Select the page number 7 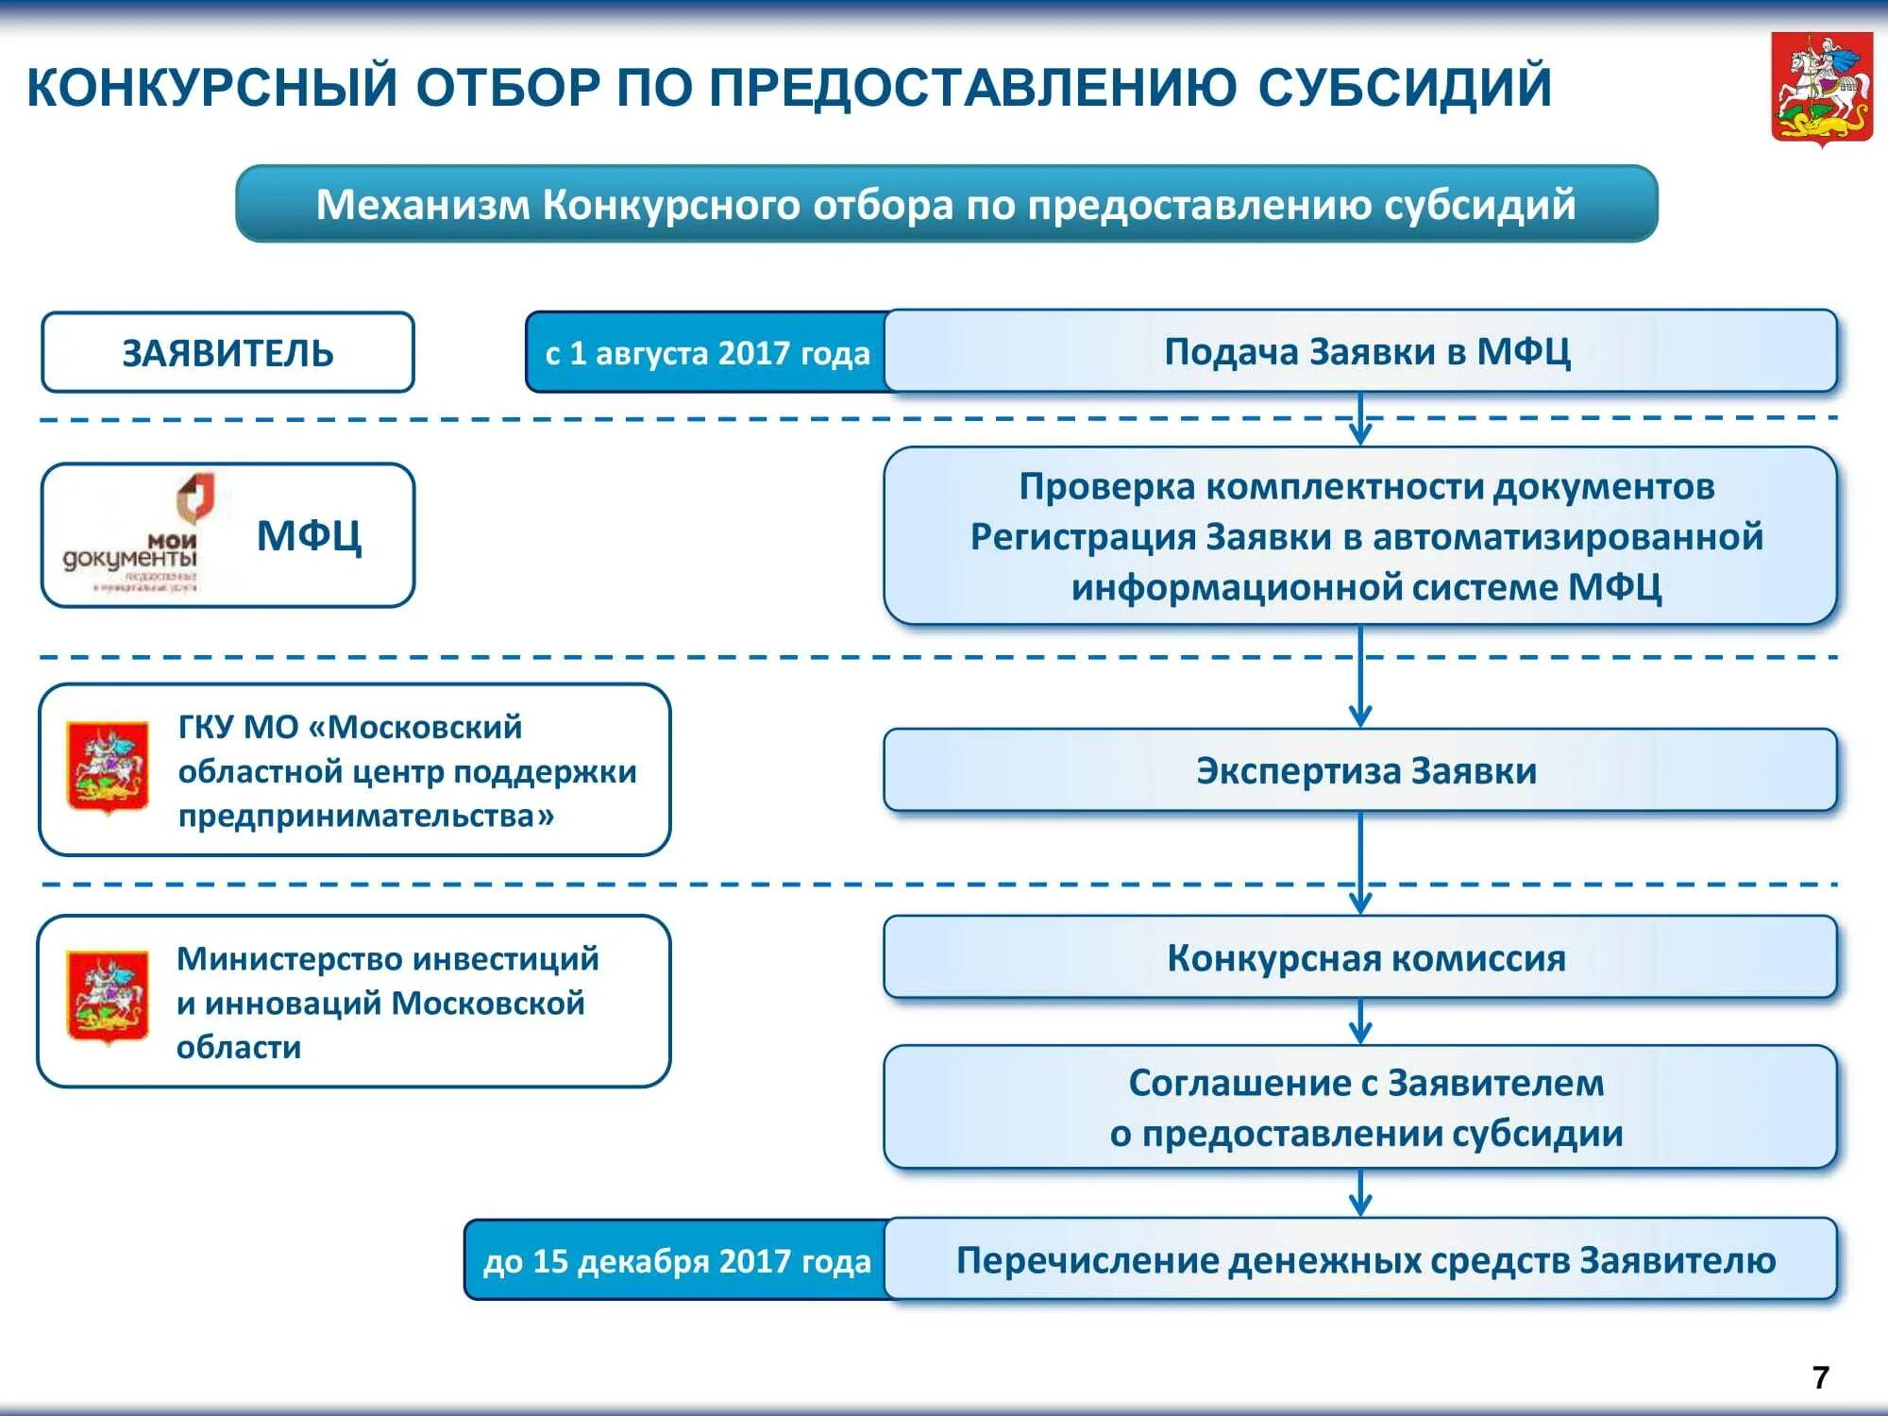tap(1821, 1377)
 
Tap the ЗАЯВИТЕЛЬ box tap(228, 352)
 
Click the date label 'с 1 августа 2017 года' tap(707, 353)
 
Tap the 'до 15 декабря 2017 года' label tap(676, 1260)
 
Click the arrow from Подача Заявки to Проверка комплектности tap(1360, 419)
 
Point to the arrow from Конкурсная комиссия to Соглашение tap(1360, 1021)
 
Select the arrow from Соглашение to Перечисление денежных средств tap(1360, 1193)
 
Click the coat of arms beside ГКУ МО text tap(108, 767)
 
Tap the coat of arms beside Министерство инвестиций tap(108, 997)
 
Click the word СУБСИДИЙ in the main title tap(1405, 87)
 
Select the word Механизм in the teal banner tap(422, 205)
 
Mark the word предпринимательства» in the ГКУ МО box tap(366, 816)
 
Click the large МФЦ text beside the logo tap(309, 536)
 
